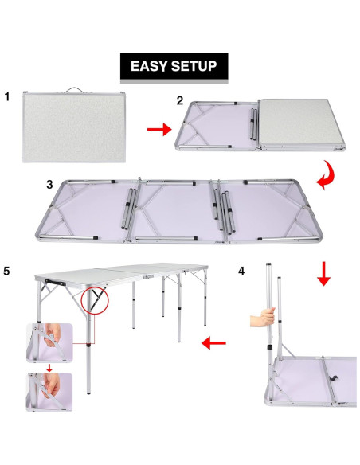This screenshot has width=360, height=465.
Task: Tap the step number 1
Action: [x=7, y=97]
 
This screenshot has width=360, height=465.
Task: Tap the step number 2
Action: [x=180, y=100]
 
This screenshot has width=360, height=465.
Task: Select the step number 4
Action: [x=241, y=271]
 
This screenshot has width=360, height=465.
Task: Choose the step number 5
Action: [x=7, y=271]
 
